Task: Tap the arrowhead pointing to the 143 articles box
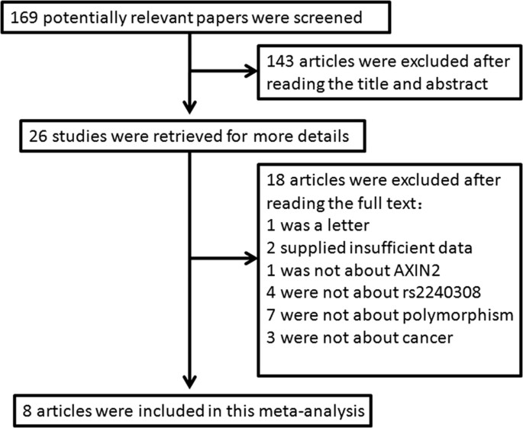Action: click(x=252, y=72)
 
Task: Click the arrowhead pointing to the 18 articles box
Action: click(x=252, y=260)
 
